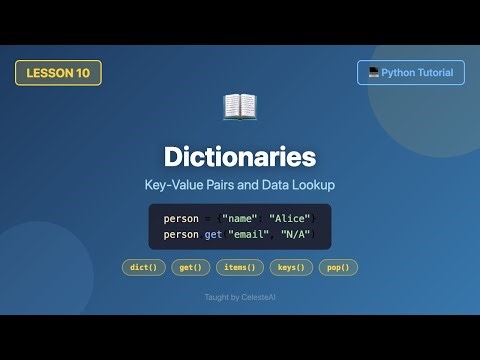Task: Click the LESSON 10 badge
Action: click(58, 72)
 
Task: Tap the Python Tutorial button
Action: click(410, 72)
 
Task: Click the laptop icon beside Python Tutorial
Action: click(372, 72)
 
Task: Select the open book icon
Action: click(239, 107)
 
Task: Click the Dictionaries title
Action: click(240, 157)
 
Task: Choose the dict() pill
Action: click(142, 267)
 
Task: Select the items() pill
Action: click(240, 267)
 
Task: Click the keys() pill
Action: click(291, 267)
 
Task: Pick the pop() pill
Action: click(338, 267)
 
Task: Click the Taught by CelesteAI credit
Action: click(240, 297)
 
